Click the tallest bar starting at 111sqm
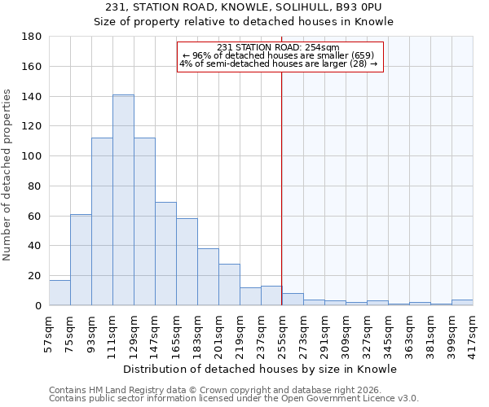(x=123, y=200)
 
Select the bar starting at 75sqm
(x=81, y=260)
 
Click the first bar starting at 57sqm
(x=59, y=293)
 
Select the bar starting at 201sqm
(x=229, y=285)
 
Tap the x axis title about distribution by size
(x=261, y=369)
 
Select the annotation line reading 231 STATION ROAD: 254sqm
(x=279, y=47)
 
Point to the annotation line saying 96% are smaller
(x=279, y=55)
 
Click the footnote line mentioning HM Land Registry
(x=210, y=390)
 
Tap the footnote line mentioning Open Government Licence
(x=233, y=398)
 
